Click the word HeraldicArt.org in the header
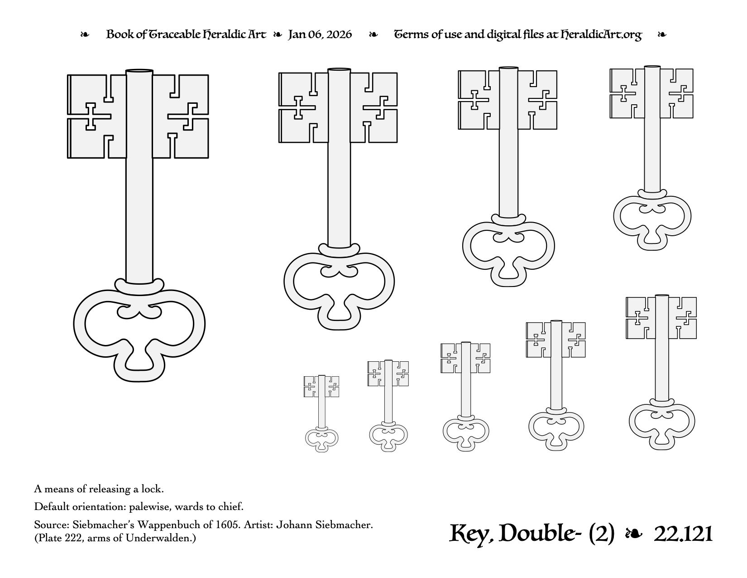pos(601,34)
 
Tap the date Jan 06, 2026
pos(320,34)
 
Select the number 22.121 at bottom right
pos(683,534)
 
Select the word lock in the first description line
pos(153,489)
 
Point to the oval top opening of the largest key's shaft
pos(139,72)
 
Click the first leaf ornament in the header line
pos(84,35)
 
